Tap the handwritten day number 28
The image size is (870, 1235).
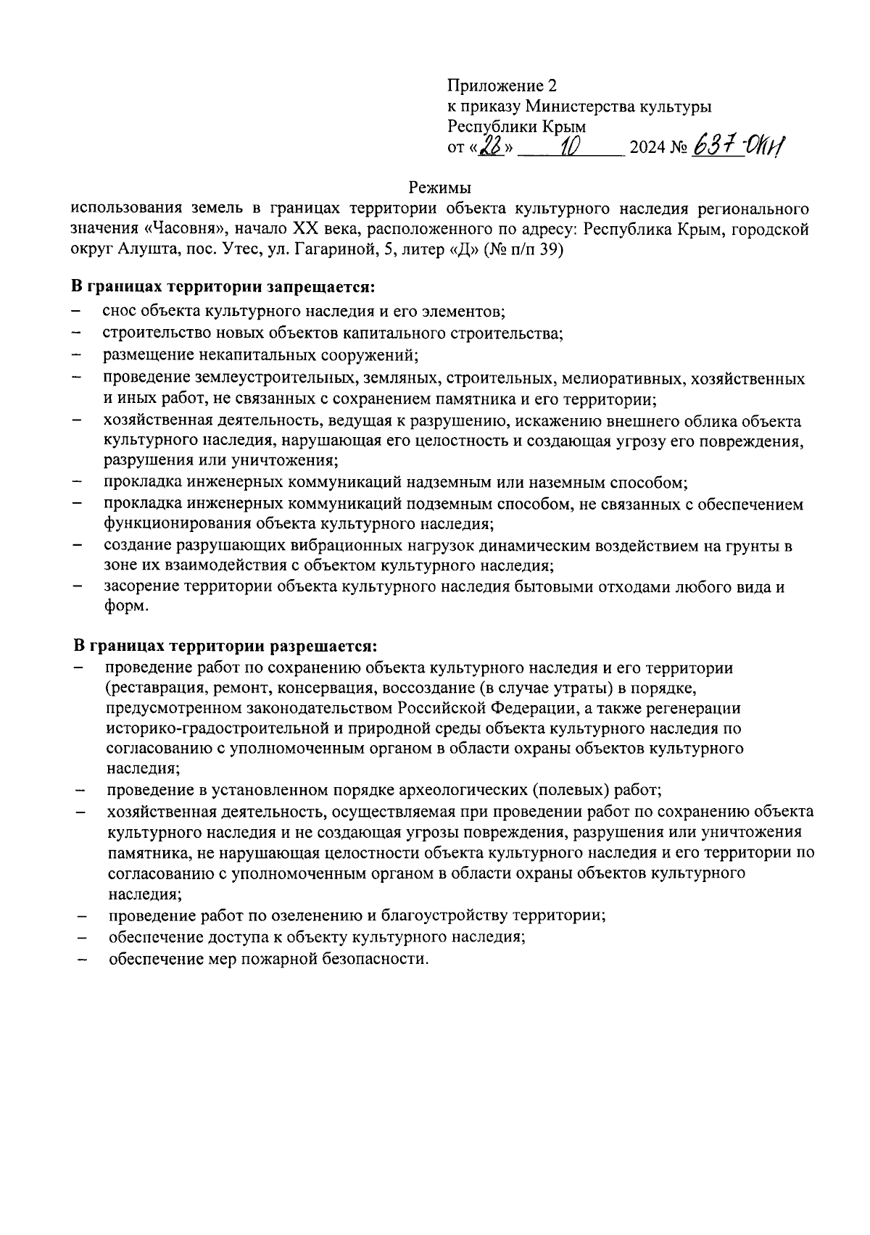coord(495,148)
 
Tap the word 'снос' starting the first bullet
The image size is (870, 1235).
coord(119,312)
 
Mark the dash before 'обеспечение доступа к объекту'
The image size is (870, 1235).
coord(80,937)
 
